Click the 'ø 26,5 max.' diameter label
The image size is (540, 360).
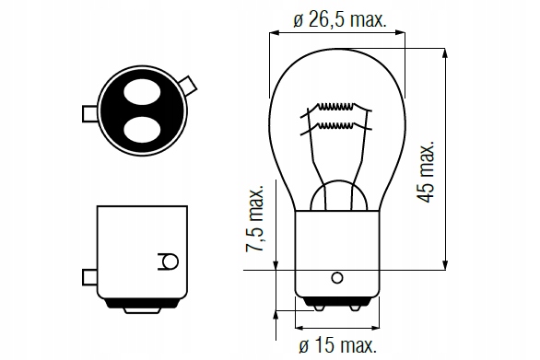(x=340, y=19)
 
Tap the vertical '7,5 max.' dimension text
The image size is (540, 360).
(x=257, y=220)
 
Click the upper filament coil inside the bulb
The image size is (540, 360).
(x=335, y=107)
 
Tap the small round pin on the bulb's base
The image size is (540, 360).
(x=337, y=277)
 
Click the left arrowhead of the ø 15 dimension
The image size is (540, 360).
(x=299, y=326)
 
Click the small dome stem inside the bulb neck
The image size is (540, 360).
(x=336, y=193)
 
